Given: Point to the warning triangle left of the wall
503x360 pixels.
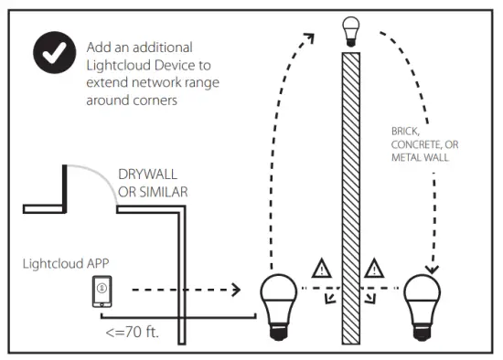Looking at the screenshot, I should (x=321, y=269).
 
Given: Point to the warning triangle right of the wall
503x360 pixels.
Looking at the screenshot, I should (x=373, y=269).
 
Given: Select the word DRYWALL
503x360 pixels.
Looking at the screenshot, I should (x=149, y=175).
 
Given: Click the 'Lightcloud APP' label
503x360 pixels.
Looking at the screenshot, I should (x=65, y=263).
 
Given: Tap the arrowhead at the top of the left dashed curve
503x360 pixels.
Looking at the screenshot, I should (x=309, y=37).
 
